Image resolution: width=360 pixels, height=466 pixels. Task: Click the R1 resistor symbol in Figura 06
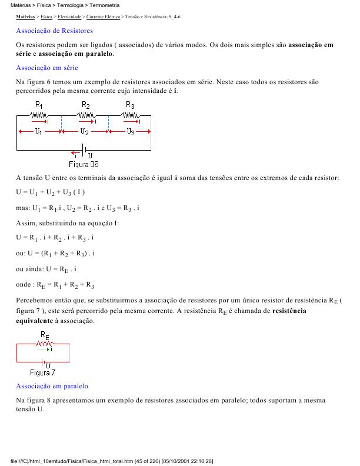pos(39,115)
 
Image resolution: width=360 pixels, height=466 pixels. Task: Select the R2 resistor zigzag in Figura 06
pos(86,115)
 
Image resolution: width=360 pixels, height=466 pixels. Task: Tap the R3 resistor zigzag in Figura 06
pos(131,115)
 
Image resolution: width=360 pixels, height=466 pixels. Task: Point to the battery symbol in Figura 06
pos(84,149)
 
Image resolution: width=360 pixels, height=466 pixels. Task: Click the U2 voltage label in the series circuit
pos(85,131)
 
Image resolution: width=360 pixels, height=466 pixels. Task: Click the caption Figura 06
pos(84,164)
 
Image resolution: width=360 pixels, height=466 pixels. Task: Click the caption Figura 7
pos(42,372)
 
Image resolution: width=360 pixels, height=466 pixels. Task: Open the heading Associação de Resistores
pos(54,30)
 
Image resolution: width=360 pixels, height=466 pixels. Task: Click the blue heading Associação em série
pos(47,68)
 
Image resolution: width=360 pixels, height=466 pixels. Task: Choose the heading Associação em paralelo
pos(52,386)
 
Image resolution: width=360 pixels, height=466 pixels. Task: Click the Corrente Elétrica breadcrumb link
pos(102,18)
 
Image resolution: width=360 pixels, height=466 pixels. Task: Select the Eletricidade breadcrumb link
pos(69,18)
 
